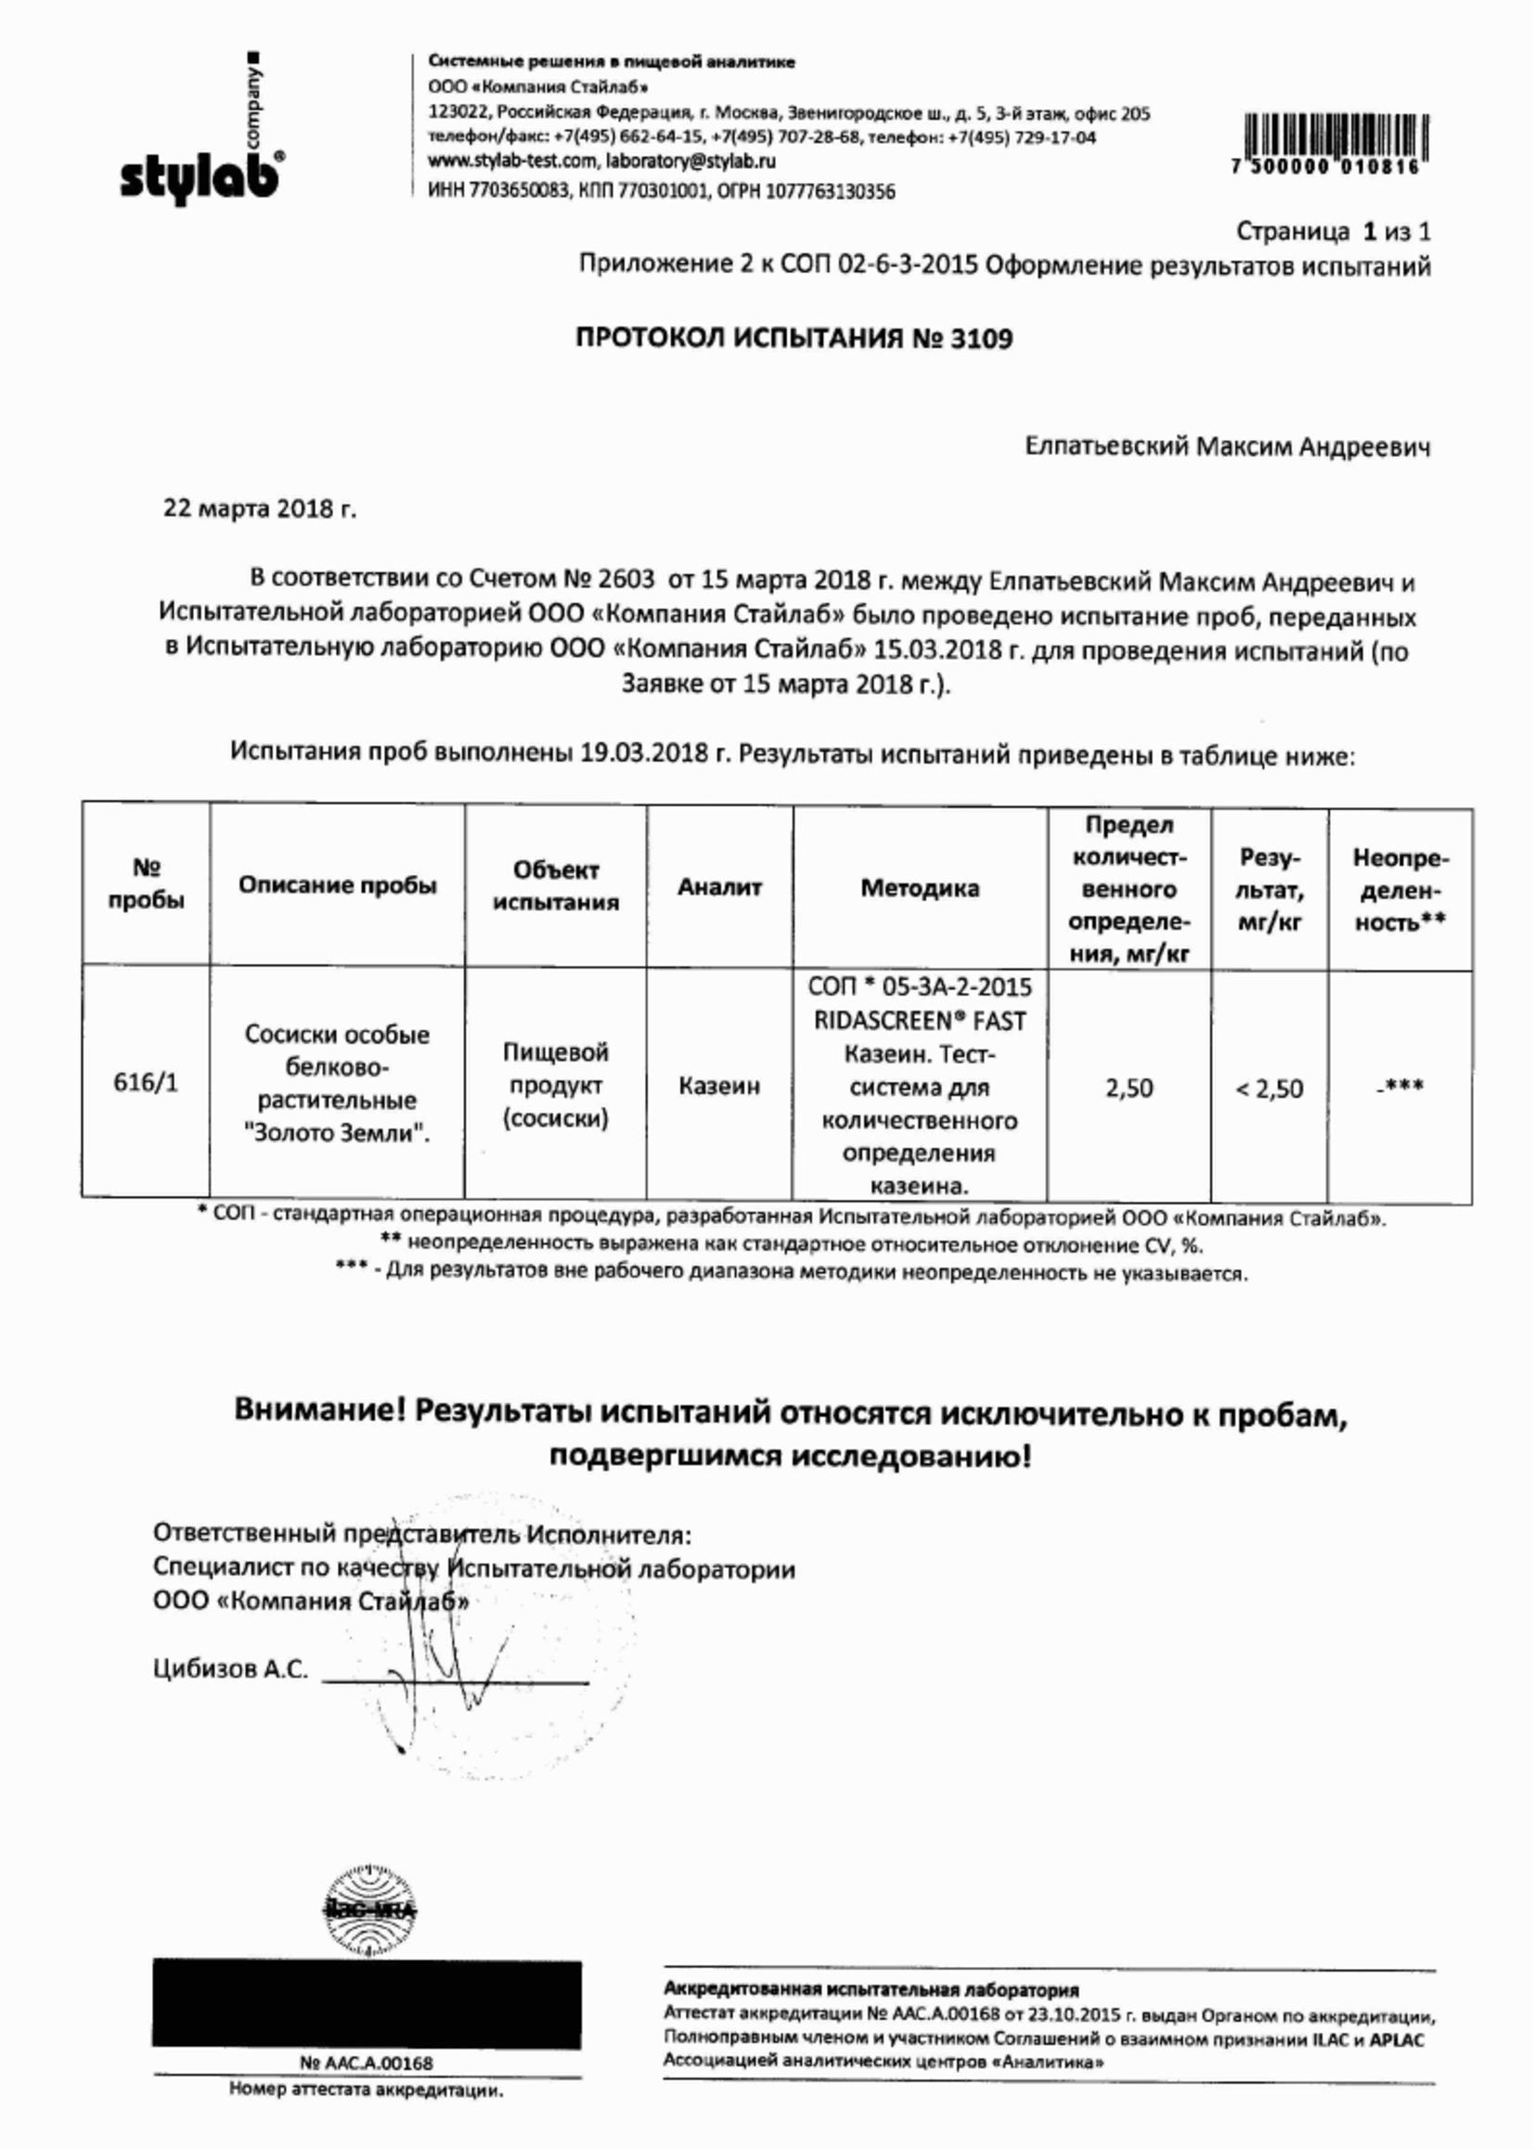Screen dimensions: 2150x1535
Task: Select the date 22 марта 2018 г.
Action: pos(260,509)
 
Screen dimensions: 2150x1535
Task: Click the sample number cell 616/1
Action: pos(146,1082)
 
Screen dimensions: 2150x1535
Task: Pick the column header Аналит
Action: pos(719,886)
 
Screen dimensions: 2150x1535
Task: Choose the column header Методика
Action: pos(920,887)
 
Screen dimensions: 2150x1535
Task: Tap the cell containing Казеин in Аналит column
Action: pos(719,1086)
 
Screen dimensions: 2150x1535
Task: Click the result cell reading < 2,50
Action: pos(1270,1088)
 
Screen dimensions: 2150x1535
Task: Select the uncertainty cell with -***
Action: pos(1400,1087)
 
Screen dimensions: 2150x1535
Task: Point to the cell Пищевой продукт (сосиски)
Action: pos(556,1085)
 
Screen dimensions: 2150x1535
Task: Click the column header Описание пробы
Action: pos(338,885)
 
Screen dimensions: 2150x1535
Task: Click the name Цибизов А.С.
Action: pos(231,1669)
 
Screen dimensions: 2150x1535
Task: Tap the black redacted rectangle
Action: pos(367,2015)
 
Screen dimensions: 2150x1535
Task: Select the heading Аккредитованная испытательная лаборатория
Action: pos(871,1989)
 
